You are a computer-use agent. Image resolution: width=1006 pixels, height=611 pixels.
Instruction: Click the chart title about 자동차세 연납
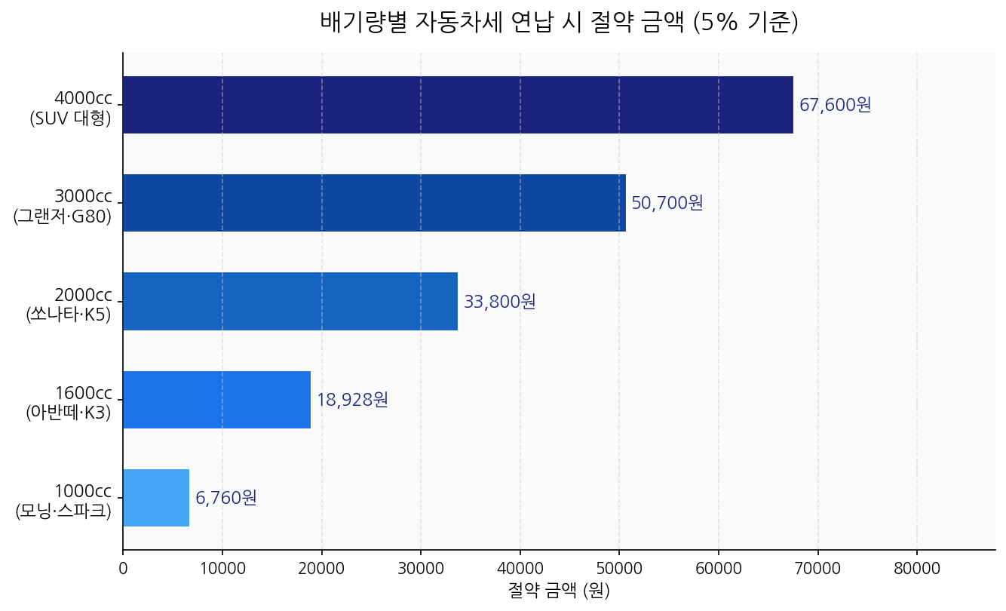coord(559,23)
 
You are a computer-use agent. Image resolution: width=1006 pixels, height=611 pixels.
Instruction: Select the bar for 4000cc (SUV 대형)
coord(458,105)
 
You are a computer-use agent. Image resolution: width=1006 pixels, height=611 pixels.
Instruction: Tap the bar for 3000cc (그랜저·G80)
coord(374,203)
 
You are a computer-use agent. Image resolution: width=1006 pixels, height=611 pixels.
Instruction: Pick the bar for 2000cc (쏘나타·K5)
coord(290,301)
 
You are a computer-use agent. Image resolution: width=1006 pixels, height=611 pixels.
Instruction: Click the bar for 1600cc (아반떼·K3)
coord(216,400)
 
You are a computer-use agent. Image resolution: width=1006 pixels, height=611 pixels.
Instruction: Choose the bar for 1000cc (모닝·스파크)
coord(156,498)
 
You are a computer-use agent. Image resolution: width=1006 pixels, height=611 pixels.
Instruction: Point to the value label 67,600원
coord(835,105)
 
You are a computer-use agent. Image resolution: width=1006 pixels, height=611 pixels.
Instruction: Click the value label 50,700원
coord(667,203)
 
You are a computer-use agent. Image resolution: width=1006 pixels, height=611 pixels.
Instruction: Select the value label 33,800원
coord(499,302)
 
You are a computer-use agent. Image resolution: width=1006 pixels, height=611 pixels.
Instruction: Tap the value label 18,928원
coord(352,400)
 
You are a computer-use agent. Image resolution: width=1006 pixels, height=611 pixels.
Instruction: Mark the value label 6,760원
coord(226,498)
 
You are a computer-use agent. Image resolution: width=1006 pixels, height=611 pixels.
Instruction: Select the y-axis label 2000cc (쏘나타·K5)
coord(69,304)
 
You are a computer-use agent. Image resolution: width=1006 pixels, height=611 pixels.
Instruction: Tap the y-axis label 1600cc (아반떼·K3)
coord(69,403)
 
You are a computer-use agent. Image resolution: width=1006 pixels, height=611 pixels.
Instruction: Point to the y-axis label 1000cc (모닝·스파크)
coord(64,501)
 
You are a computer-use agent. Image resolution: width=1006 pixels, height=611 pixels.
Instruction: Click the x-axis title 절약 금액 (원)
coord(559,590)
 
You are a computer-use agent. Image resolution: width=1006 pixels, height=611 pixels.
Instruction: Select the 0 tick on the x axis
coord(123,568)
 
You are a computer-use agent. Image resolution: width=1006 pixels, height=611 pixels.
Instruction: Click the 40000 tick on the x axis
coord(520,568)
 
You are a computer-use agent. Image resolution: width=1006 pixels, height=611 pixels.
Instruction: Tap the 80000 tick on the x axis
coord(917,568)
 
